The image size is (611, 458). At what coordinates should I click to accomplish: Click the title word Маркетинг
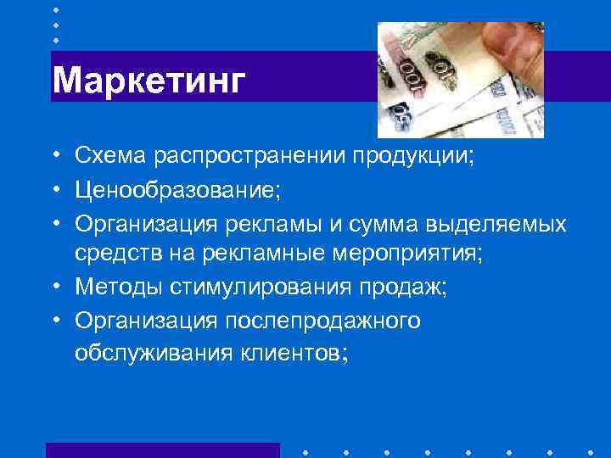tap(149, 81)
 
